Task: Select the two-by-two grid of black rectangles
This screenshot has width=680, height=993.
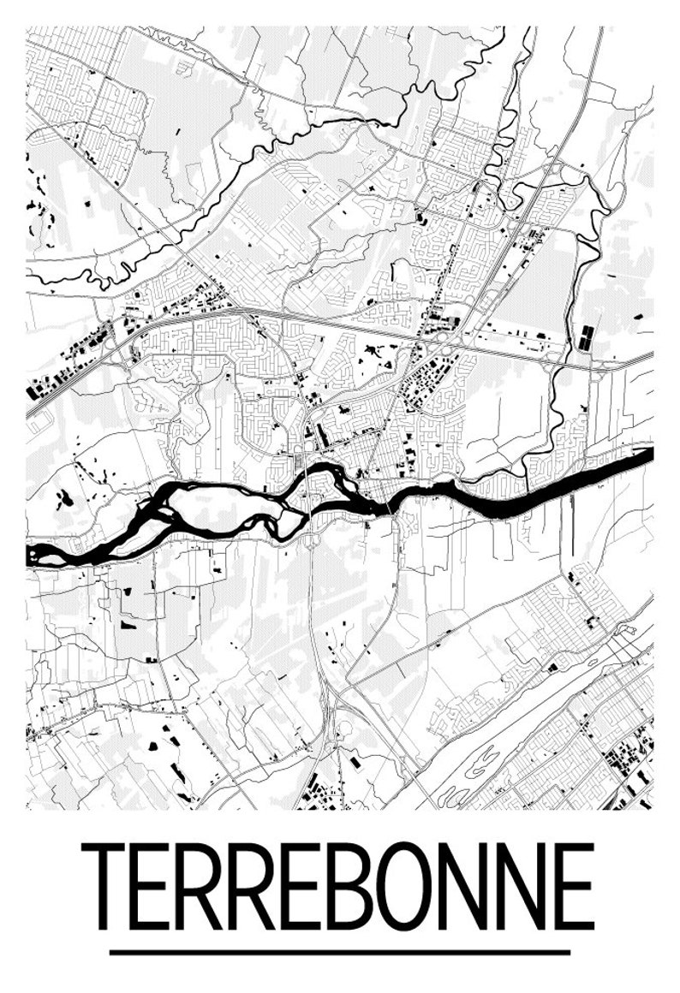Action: [586, 337]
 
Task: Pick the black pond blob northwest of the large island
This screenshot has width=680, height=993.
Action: [65, 496]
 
